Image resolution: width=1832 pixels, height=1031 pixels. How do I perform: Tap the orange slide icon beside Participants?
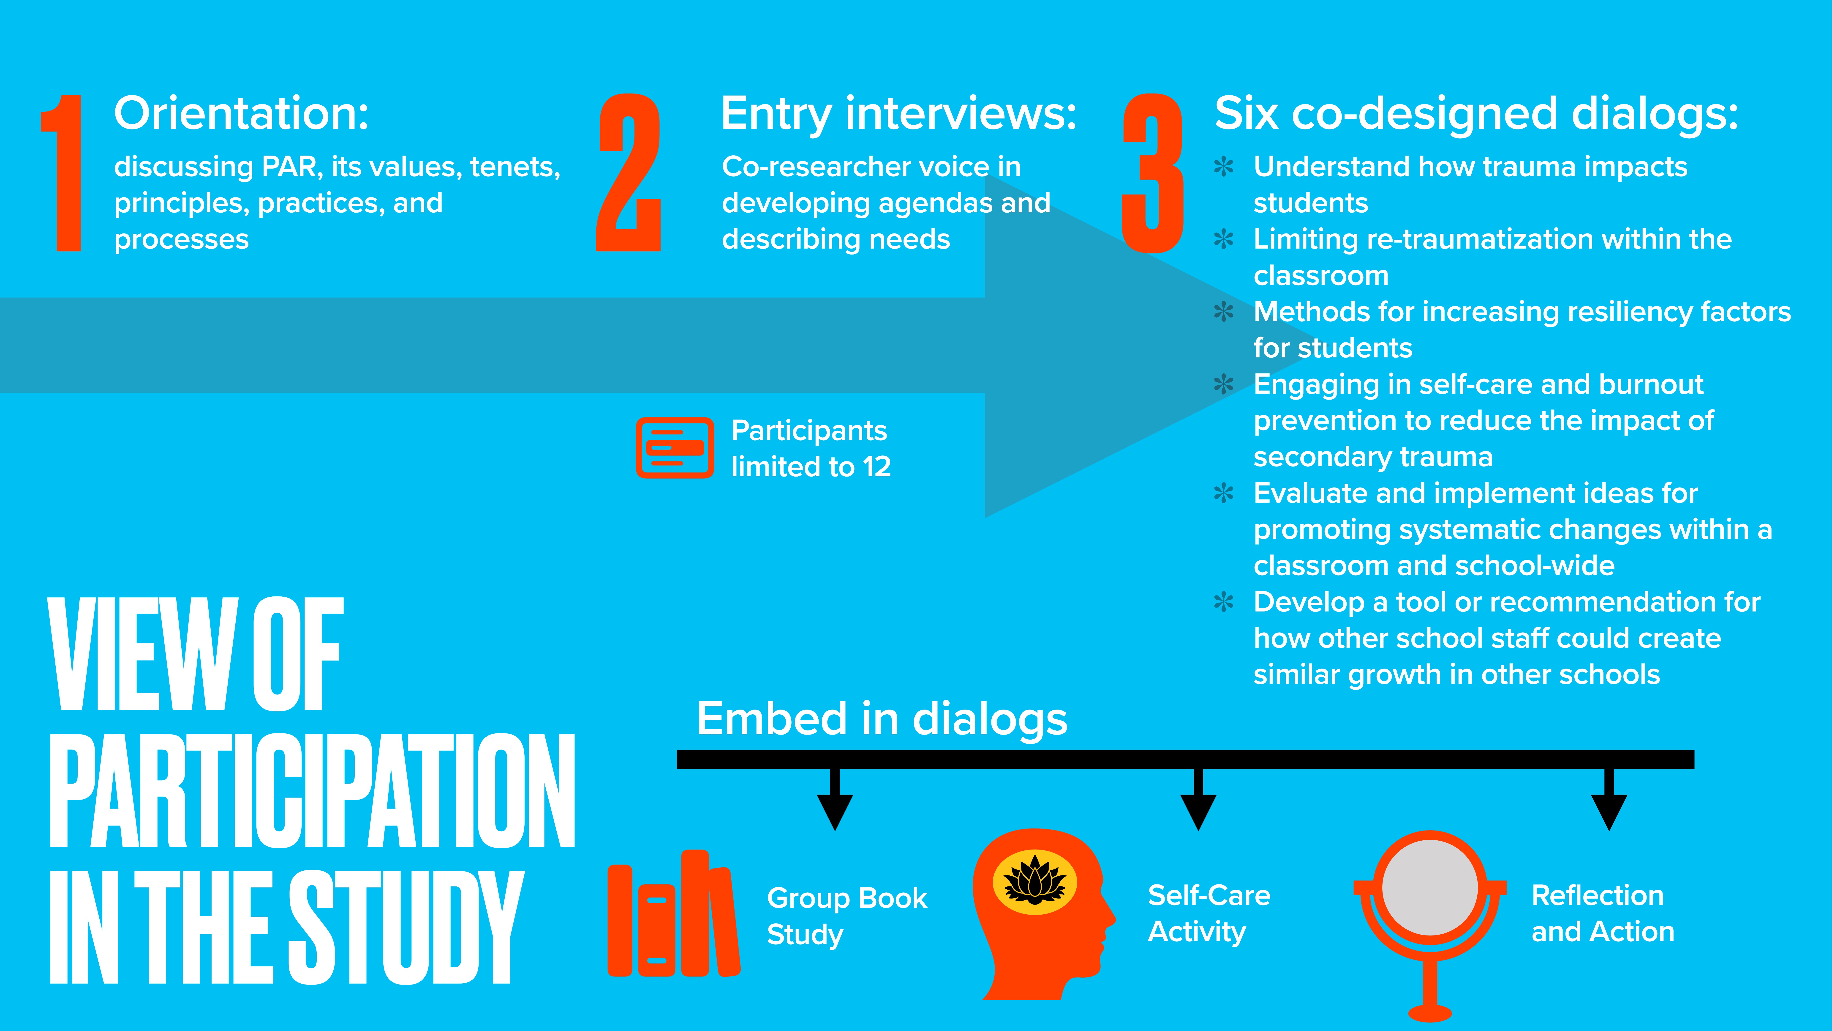click(x=674, y=447)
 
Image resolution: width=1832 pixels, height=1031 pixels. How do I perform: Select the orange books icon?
click(x=672, y=914)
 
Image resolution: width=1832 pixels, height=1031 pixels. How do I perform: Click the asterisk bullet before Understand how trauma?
click(x=1223, y=167)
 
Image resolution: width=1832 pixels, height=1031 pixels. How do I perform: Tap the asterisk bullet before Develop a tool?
click(x=1223, y=603)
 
